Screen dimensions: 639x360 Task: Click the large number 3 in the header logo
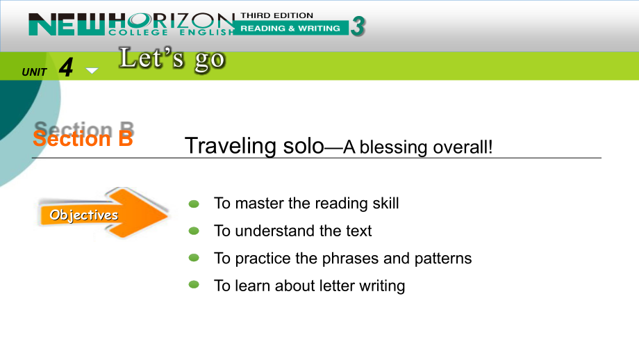click(x=358, y=26)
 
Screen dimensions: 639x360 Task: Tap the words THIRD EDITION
click(x=276, y=15)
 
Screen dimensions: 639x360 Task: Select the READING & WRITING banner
click(x=290, y=28)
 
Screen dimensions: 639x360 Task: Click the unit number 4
click(x=66, y=67)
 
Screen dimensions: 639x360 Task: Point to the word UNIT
click(x=34, y=72)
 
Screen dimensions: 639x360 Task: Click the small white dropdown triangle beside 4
click(x=92, y=71)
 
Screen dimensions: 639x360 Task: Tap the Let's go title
click(x=172, y=60)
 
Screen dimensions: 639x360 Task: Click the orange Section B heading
click(x=83, y=138)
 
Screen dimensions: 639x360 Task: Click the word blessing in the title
click(x=394, y=147)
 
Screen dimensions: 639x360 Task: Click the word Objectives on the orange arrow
click(x=83, y=215)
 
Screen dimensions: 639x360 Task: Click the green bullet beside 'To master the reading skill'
click(x=194, y=204)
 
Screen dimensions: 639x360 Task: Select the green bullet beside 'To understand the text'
click(x=194, y=231)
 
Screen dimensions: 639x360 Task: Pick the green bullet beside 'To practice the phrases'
click(x=194, y=258)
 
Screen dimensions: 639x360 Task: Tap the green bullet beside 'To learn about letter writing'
click(x=194, y=284)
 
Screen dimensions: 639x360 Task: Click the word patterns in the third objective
click(x=443, y=259)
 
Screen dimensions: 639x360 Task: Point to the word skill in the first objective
click(x=385, y=203)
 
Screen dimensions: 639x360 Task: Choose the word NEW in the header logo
click(x=67, y=24)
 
